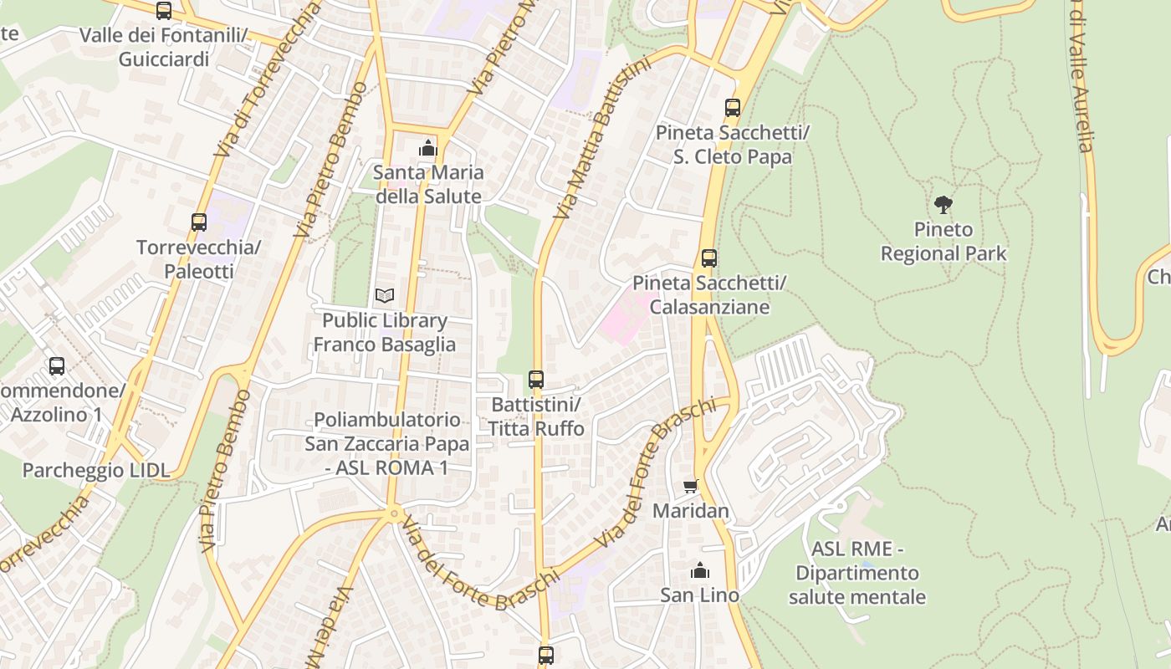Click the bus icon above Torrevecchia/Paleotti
click(x=199, y=222)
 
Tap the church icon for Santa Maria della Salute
click(x=428, y=149)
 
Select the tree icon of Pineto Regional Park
click(x=943, y=204)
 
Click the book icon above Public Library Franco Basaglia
click(x=384, y=295)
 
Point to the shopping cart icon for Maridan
click(x=691, y=486)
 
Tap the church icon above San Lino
click(x=699, y=571)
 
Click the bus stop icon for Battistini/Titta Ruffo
click(x=536, y=380)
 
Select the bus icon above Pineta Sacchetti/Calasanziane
click(x=709, y=258)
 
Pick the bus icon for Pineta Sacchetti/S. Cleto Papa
click(x=733, y=108)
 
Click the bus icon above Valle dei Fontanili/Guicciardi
click(x=164, y=11)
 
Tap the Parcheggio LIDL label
click(x=95, y=470)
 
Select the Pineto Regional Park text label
click(x=943, y=242)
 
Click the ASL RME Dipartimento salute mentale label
click(x=857, y=573)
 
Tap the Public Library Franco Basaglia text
click(x=385, y=332)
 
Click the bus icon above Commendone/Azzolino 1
click(x=57, y=366)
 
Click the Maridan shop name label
click(x=691, y=510)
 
